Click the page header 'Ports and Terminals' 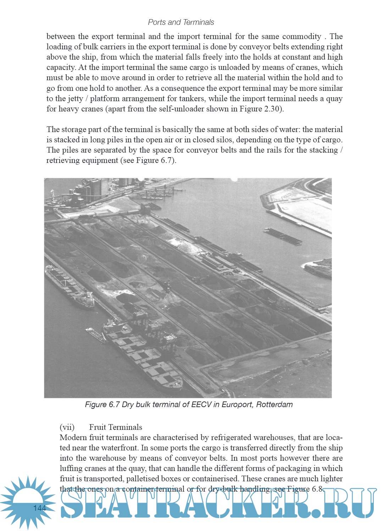181,22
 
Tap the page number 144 40,508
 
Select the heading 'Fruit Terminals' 116,427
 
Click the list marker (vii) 67,427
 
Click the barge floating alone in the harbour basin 282,236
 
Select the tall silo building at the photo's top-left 94,188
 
